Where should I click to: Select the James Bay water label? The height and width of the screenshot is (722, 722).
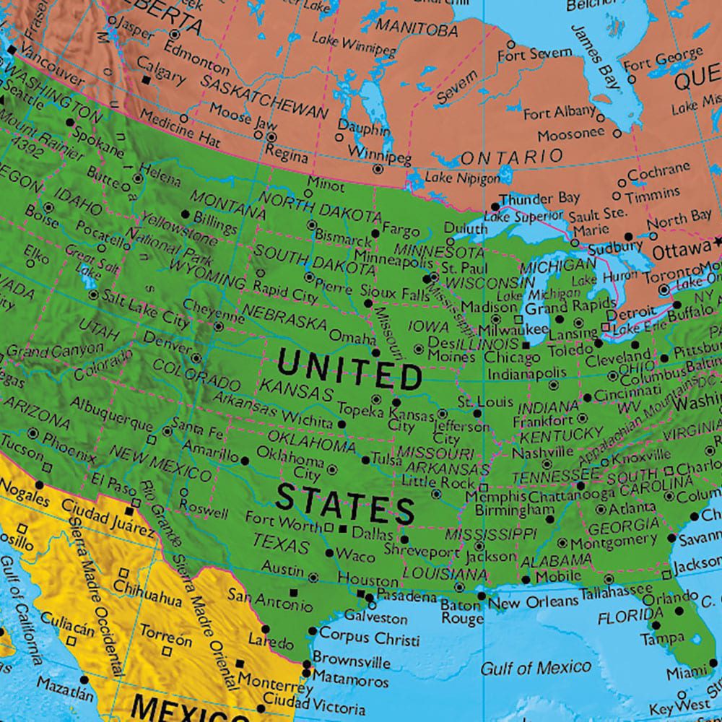click(596, 57)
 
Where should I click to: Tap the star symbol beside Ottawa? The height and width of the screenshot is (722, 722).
click(718, 240)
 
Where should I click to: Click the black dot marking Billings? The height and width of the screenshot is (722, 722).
click(186, 214)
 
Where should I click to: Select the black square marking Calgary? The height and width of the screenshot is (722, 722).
click(147, 80)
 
